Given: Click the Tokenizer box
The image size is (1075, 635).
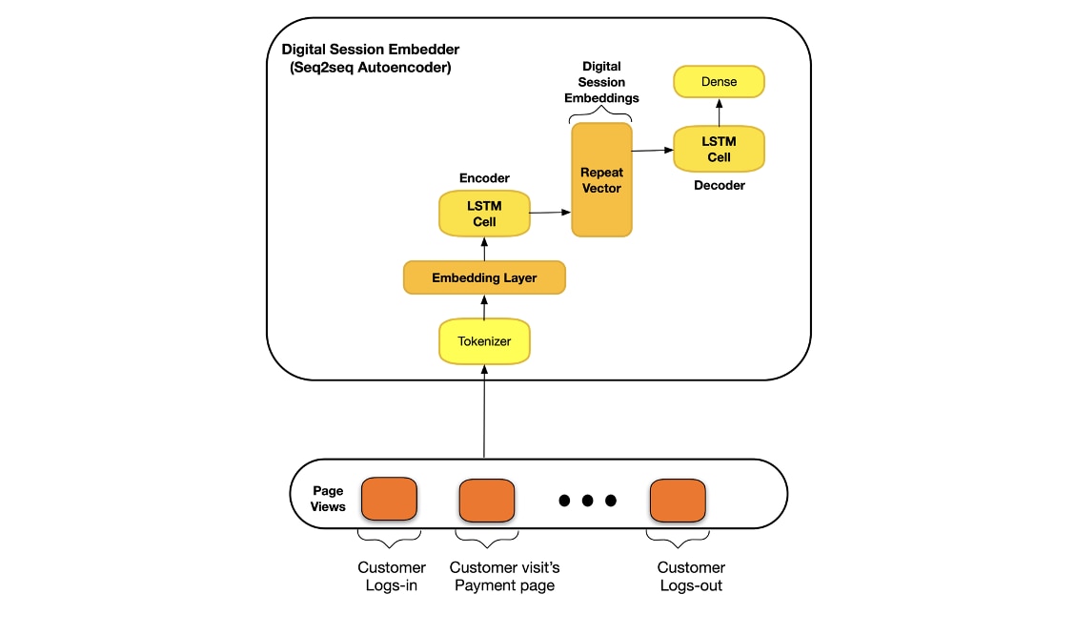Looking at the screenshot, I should (x=484, y=341).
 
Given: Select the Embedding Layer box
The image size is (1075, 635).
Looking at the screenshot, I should (x=484, y=278).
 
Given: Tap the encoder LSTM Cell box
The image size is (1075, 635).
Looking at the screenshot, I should (x=484, y=214).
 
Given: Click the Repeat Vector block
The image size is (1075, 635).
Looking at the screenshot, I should (x=601, y=180).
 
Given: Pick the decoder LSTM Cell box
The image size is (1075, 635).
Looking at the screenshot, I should (x=719, y=149).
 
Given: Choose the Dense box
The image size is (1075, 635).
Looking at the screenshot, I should (x=719, y=82).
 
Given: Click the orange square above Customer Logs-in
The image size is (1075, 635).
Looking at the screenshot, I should (x=389, y=499).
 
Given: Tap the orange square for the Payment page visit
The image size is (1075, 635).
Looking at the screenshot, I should (x=487, y=500).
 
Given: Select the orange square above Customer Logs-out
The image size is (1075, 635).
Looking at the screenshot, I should (x=678, y=500).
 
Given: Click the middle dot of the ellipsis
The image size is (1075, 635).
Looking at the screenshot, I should (x=587, y=501).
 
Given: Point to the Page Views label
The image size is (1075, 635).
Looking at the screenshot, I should (x=328, y=499).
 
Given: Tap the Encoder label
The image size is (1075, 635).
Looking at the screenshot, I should (x=484, y=178).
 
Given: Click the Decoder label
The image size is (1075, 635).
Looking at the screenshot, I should (x=719, y=185).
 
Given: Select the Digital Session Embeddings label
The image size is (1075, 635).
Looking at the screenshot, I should (x=601, y=82).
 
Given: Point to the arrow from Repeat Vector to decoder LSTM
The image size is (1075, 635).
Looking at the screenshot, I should (x=652, y=150).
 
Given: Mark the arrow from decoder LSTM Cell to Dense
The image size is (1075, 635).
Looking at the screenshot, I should (x=719, y=112).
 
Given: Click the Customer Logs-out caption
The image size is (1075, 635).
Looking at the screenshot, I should (x=691, y=577).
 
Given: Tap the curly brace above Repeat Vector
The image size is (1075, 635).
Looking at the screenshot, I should (x=601, y=114).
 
